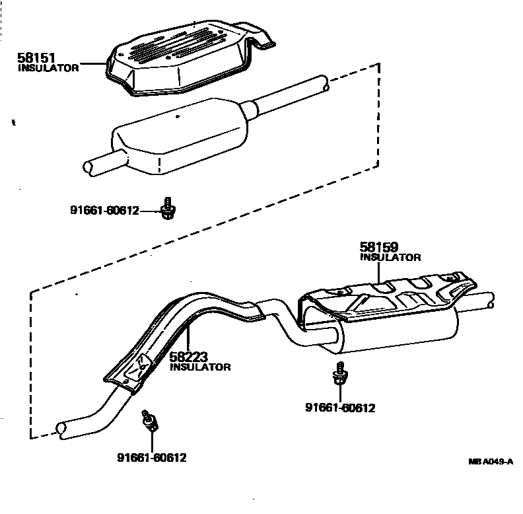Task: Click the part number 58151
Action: (x=36, y=59)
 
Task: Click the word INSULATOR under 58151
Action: (x=48, y=68)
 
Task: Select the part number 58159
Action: (x=379, y=248)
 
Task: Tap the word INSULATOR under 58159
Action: (x=390, y=258)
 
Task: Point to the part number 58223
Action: (x=189, y=357)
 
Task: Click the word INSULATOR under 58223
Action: (x=200, y=367)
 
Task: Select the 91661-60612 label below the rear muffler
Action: (x=339, y=408)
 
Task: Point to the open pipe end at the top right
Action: (x=322, y=84)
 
